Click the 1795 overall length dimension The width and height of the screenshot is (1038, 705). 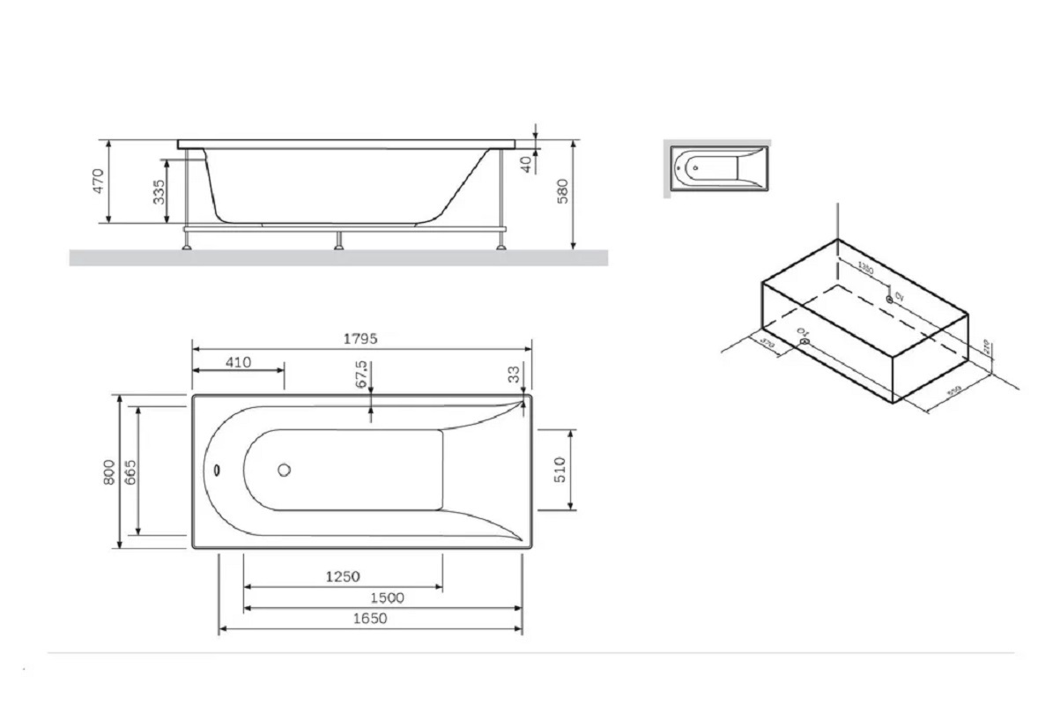[x=362, y=339]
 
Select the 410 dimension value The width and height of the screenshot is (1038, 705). [x=237, y=361]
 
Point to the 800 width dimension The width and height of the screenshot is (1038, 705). [x=108, y=472]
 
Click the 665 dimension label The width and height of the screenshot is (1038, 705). [x=130, y=472]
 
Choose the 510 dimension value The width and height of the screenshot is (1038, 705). [x=560, y=470]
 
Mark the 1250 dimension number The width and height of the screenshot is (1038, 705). [x=343, y=576]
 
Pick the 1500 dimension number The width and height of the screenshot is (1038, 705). [x=386, y=597]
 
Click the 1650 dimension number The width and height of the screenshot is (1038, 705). [x=370, y=619]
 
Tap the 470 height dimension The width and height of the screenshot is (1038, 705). [x=99, y=181]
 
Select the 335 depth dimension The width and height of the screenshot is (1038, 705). [x=159, y=191]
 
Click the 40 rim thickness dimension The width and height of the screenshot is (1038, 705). [x=526, y=164]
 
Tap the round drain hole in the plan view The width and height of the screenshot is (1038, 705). [x=285, y=470]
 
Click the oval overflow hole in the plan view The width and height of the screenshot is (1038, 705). [x=217, y=470]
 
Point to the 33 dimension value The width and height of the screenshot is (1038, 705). [x=514, y=374]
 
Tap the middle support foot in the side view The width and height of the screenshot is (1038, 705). [x=338, y=241]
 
